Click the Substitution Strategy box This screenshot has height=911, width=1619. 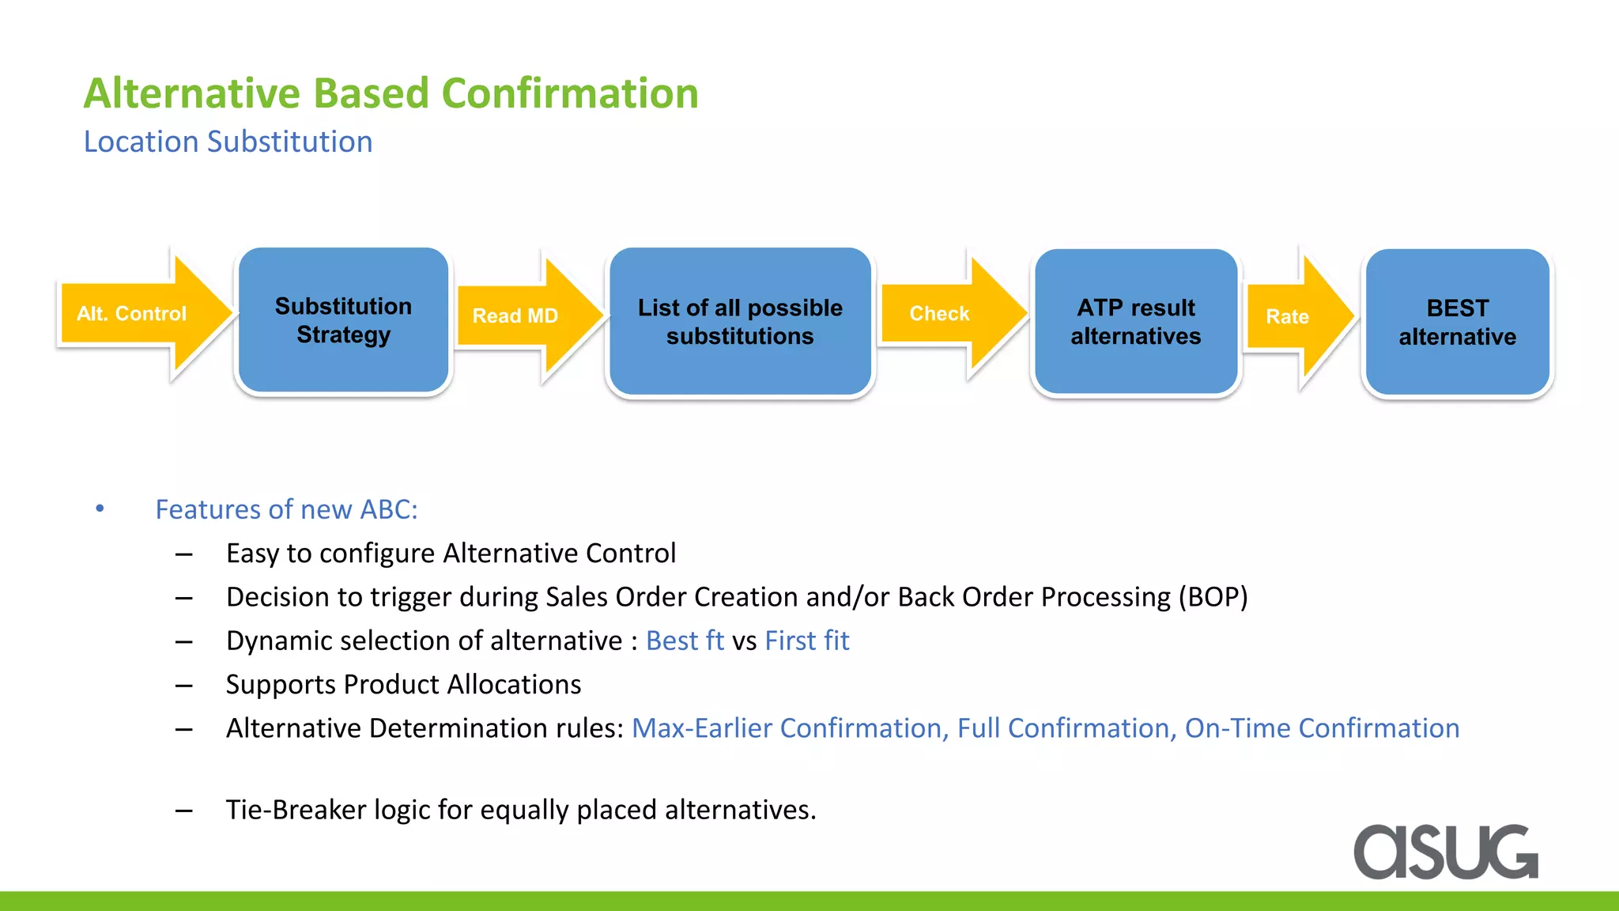[343, 319]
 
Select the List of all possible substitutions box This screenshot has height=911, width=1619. [740, 321]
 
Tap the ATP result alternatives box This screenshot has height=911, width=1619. [1135, 321]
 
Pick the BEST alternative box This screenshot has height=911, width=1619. [1457, 321]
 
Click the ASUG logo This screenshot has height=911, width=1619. [1445, 852]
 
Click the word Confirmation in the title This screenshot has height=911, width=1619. [569, 93]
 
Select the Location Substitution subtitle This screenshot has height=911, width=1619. [228, 142]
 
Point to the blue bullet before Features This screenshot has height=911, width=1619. [100, 508]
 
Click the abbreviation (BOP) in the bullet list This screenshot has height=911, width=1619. [1213, 597]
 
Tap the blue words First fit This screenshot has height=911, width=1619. [806, 641]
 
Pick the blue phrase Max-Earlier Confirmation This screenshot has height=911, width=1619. [788, 728]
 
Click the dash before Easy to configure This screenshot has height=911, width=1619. [184, 554]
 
